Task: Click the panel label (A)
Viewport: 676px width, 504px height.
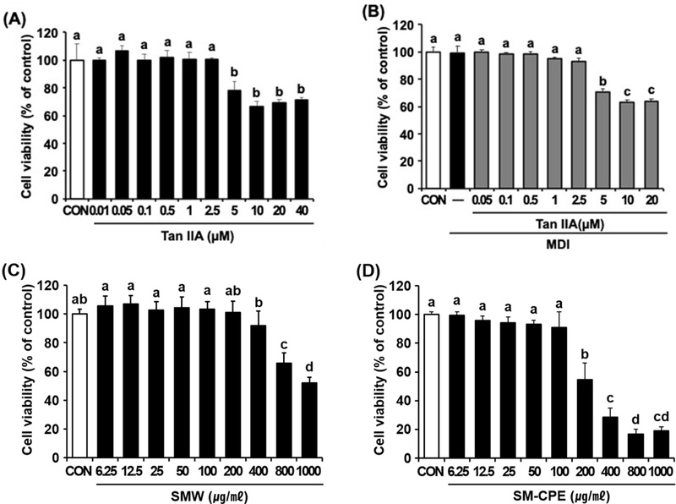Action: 18,14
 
